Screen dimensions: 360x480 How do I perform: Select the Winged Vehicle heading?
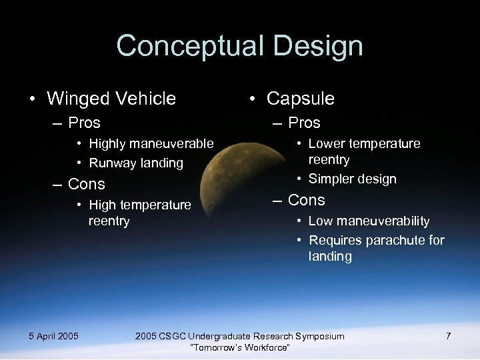click(x=111, y=99)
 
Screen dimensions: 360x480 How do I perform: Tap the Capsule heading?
click(x=300, y=99)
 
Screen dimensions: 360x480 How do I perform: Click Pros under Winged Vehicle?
click(x=84, y=123)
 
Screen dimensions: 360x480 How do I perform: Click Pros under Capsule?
click(x=304, y=123)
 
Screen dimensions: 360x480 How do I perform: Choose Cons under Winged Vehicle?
click(x=87, y=183)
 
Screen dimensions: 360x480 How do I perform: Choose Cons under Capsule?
click(x=307, y=200)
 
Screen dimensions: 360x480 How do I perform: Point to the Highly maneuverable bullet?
click(x=151, y=143)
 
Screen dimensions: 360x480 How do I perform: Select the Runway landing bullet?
click(x=136, y=163)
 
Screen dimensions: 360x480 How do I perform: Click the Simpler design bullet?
click(x=352, y=179)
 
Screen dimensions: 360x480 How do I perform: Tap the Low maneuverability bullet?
click(x=369, y=221)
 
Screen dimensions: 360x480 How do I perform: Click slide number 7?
click(x=448, y=336)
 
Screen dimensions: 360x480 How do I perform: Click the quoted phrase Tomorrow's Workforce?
click(x=240, y=348)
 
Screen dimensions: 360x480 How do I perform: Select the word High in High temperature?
click(x=102, y=205)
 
